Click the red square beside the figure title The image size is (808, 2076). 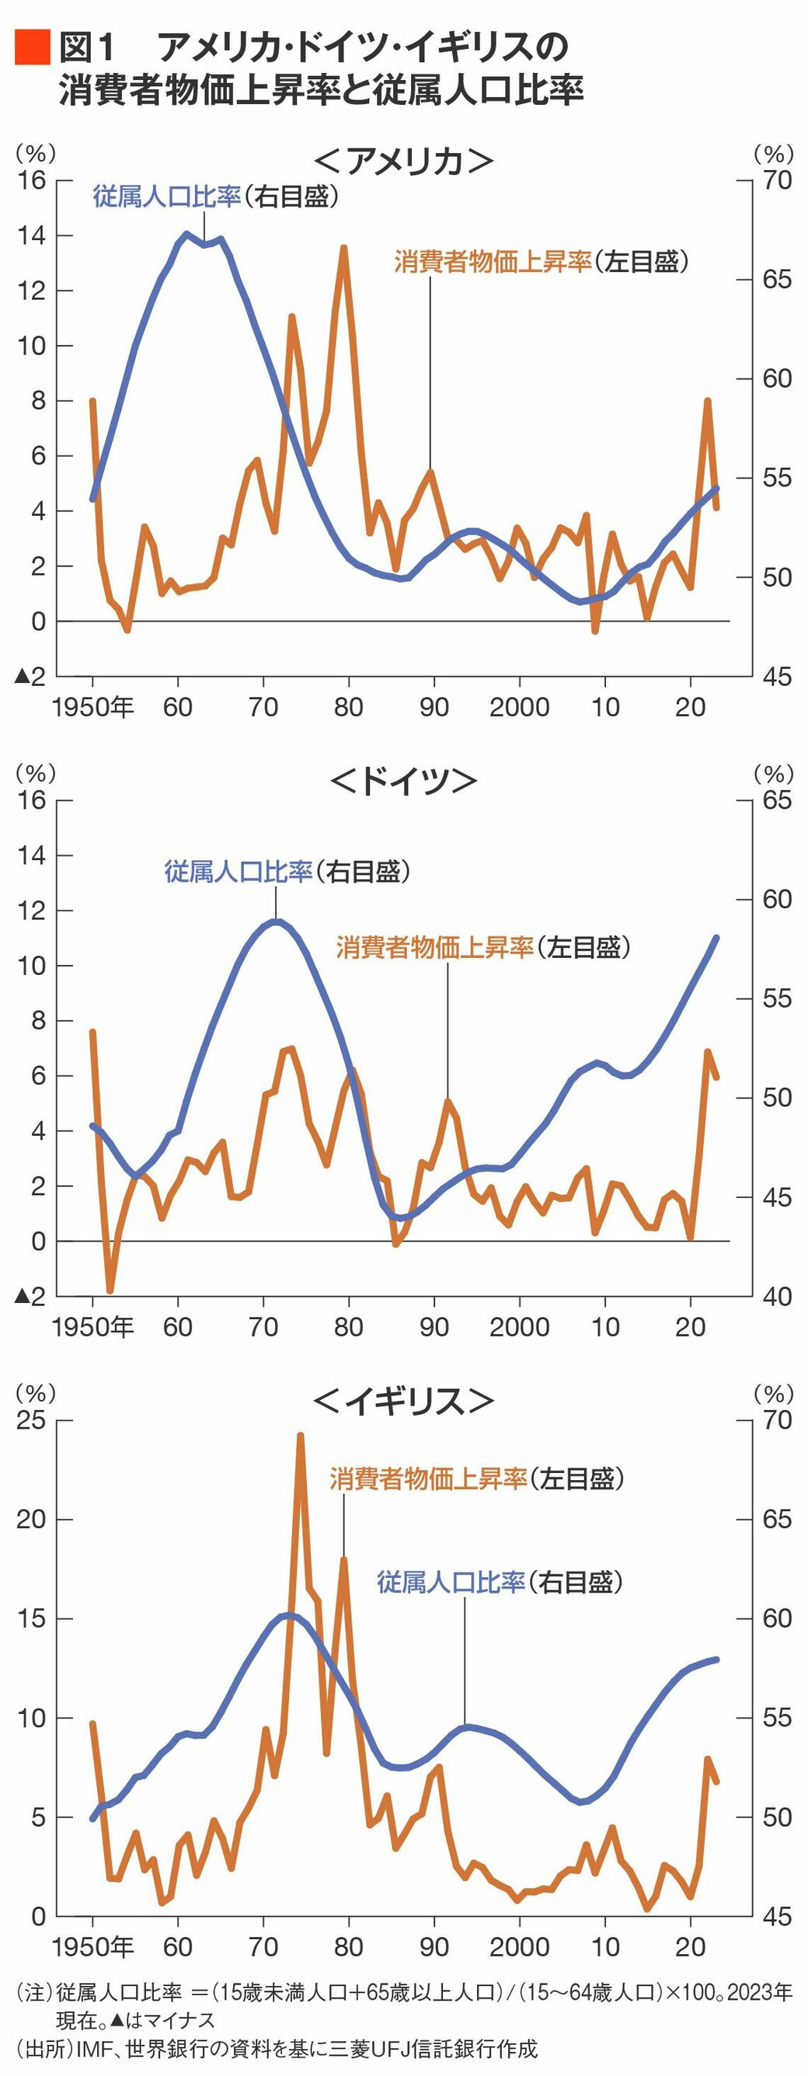click(32, 47)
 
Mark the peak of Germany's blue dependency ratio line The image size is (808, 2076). click(277, 921)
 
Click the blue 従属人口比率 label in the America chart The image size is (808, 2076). click(167, 197)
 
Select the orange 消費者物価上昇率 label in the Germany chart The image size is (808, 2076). click(435, 947)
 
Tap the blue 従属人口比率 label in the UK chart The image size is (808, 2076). click(451, 1582)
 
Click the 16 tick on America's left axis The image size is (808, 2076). click(32, 179)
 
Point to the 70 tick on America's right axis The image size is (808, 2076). click(778, 179)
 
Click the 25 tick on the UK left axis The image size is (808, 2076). click(32, 1420)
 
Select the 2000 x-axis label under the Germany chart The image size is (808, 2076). click(519, 1327)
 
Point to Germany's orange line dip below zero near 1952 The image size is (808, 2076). click(110, 1291)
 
